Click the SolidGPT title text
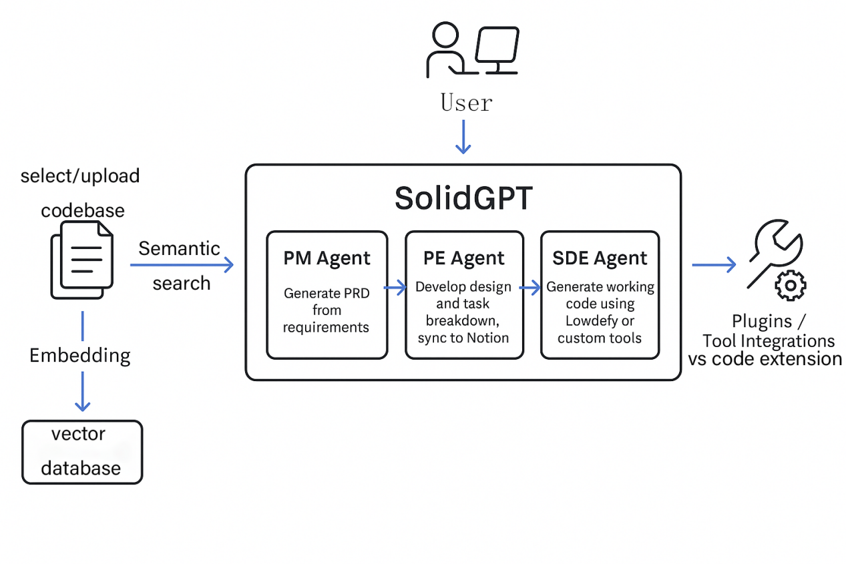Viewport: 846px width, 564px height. click(x=463, y=198)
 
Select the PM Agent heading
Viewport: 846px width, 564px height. click(x=327, y=258)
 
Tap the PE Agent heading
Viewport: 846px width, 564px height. click(x=464, y=258)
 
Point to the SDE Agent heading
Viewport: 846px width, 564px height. click(x=600, y=258)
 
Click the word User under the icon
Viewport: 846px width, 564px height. click(x=466, y=103)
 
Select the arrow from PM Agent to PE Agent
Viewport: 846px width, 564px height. click(x=396, y=288)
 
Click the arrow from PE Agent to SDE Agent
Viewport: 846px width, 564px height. click(x=531, y=288)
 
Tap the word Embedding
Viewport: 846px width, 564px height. click(x=80, y=355)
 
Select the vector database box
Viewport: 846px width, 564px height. click(x=82, y=452)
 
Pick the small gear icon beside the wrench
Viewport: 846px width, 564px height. click(x=790, y=285)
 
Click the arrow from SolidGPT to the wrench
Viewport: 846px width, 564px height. click(x=714, y=265)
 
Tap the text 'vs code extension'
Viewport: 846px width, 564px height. click(x=765, y=359)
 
